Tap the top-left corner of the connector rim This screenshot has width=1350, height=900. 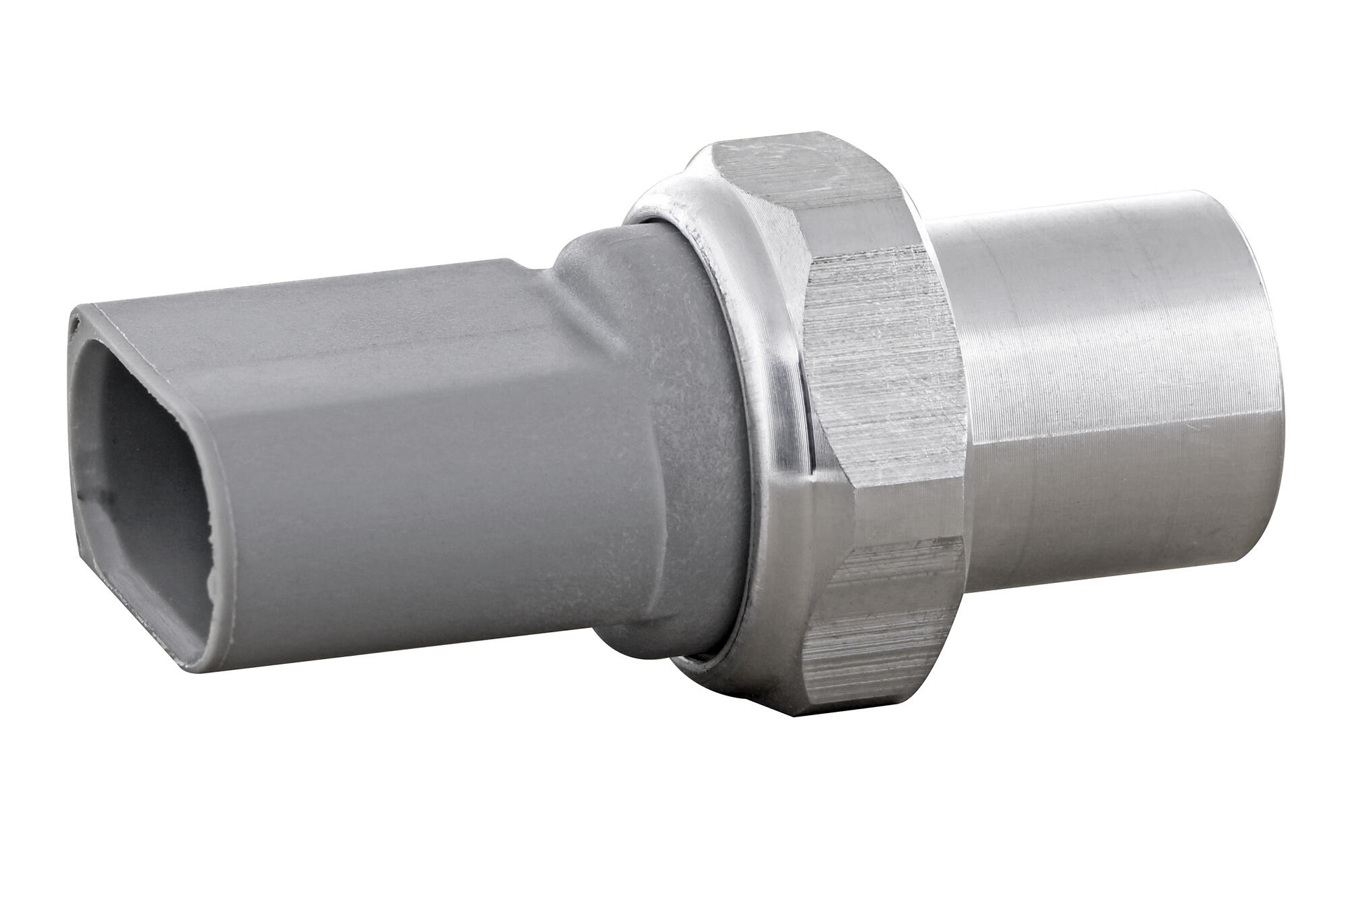click(76, 312)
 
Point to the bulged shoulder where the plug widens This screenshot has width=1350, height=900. click(594, 263)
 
